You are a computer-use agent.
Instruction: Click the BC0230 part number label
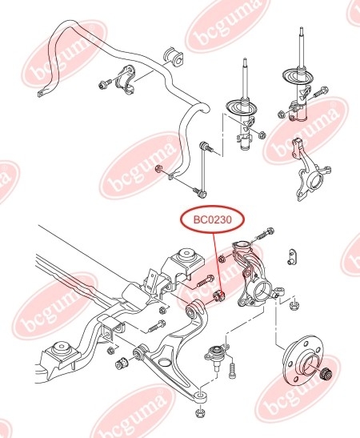click(213, 220)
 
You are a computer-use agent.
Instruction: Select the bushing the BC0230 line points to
click(219, 296)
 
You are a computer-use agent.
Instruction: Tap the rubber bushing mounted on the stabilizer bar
click(174, 56)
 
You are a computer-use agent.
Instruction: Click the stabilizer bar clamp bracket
click(126, 79)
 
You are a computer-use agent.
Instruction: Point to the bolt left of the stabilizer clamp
click(105, 83)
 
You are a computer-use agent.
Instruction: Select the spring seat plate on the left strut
click(241, 107)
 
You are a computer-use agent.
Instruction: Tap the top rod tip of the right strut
click(301, 28)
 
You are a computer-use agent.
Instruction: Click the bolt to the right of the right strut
click(321, 92)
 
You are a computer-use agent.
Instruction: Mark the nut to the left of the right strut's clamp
click(282, 114)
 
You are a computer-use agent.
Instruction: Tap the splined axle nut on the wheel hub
click(326, 373)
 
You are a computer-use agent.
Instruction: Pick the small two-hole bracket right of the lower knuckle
click(292, 256)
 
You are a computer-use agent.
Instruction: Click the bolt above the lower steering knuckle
click(262, 234)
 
